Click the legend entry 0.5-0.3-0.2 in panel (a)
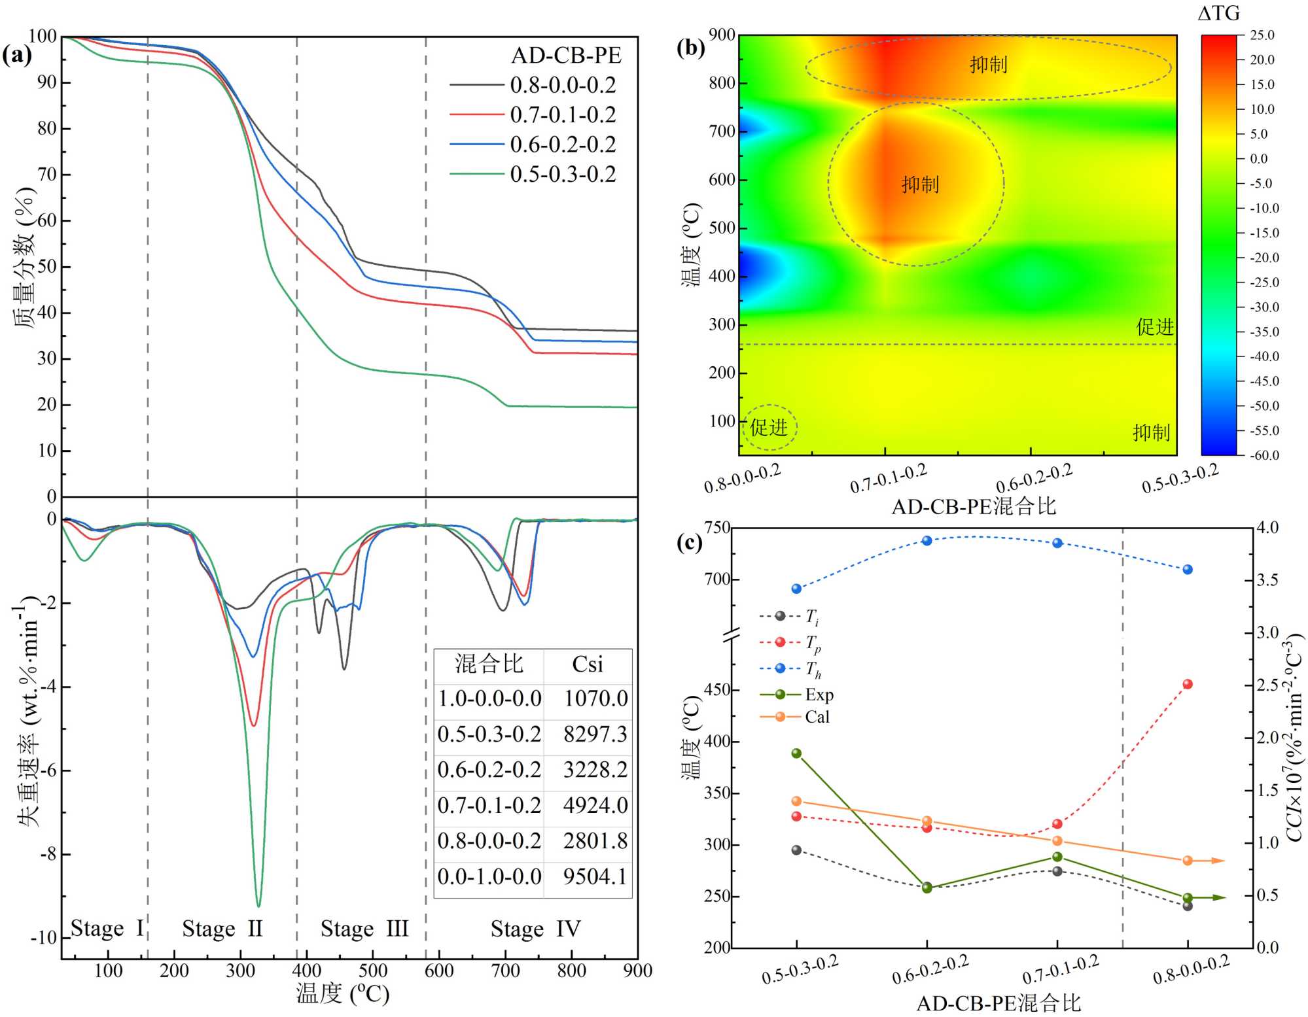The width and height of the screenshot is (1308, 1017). [x=563, y=175]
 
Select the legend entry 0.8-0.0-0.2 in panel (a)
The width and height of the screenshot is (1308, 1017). [x=563, y=85]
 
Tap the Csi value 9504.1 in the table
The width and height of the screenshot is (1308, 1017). [x=595, y=876]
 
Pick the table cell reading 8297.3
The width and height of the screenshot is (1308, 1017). [x=595, y=734]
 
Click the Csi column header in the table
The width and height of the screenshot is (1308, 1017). [x=587, y=664]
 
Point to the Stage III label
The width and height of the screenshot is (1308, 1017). [x=364, y=929]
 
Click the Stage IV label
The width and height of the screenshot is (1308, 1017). [x=535, y=929]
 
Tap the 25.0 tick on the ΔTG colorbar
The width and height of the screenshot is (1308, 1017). [x=1262, y=35]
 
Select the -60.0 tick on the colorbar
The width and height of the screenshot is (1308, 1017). [x=1264, y=455]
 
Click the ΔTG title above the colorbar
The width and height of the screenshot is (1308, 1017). [x=1218, y=14]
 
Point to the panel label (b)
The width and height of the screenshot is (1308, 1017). [x=690, y=48]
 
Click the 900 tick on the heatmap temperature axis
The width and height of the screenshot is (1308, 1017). [x=722, y=35]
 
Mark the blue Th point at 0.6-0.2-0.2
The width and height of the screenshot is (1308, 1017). [x=927, y=541]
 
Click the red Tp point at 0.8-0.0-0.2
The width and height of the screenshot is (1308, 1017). [x=1188, y=684]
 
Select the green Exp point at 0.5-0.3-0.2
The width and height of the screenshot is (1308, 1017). [x=796, y=753]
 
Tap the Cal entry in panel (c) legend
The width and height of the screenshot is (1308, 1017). [x=817, y=717]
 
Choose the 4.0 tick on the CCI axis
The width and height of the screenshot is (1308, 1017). [x=1268, y=528]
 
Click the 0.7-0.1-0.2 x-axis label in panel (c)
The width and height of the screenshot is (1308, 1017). [x=1061, y=970]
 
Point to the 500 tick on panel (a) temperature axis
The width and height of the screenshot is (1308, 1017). [x=372, y=971]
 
